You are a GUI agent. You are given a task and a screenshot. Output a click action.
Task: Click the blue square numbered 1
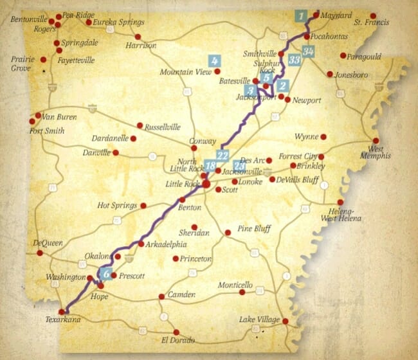pyautogui.click(x=300, y=16)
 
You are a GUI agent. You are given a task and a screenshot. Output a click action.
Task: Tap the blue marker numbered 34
pyautogui.click(x=309, y=51)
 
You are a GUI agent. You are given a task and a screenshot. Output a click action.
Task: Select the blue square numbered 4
pyautogui.click(x=214, y=60)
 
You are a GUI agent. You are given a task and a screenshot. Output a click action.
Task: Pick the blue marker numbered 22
pyautogui.click(x=223, y=155)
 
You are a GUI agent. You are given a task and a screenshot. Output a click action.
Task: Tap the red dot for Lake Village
pyautogui.click(x=285, y=321)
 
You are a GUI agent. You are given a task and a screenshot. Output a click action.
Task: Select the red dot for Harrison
pyautogui.click(x=138, y=36)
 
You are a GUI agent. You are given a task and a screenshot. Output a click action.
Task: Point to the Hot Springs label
pyautogui.click(x=117, y=206)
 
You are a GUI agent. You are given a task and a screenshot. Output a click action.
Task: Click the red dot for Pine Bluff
pyautogui.click(x=228, y=232)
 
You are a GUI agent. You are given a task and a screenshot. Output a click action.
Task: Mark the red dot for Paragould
pyautogui.click(x=343, y=55)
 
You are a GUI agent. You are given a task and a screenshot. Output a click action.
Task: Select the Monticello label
pyautogui.click(x=235, y=285)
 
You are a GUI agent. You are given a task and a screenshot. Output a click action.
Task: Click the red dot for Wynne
pyautogui.click(x=323, y=137)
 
